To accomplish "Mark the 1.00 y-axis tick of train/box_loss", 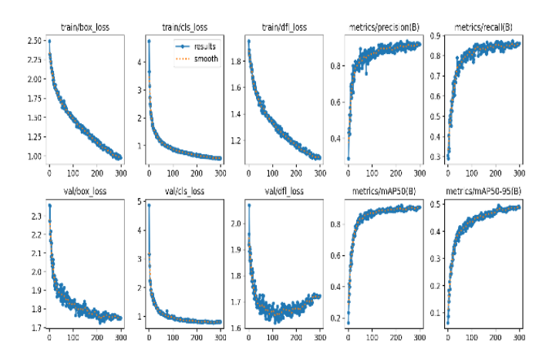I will point(32,156).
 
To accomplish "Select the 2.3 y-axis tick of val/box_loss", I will point(35,217).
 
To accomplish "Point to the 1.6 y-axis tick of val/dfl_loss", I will point(234,328).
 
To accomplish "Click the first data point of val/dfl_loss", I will point(249,205).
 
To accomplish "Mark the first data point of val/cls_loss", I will point(149,205).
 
